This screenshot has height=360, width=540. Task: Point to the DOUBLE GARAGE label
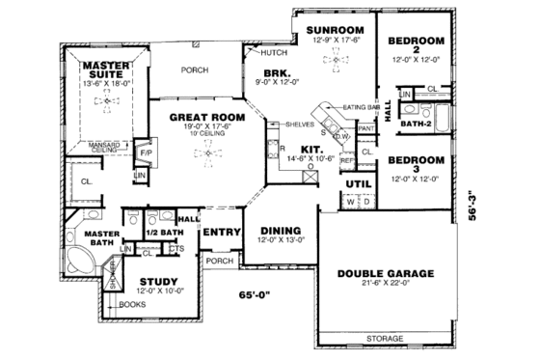pos(386,273)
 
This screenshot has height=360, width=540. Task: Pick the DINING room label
pos(280,231)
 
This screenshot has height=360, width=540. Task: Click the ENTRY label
pos(220,233)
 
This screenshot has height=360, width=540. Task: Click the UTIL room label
pos(359,183)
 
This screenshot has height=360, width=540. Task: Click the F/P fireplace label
pos(147,153)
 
